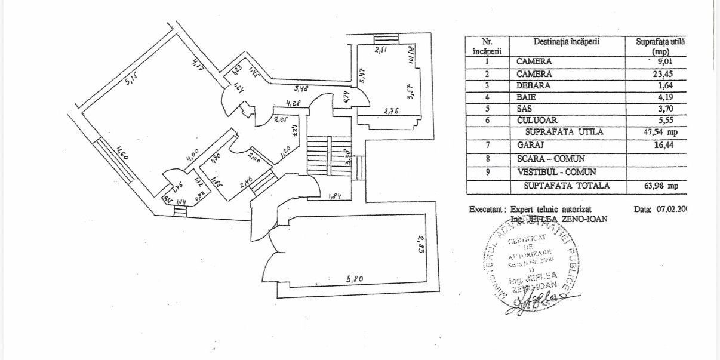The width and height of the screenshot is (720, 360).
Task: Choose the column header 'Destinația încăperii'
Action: click(567, 41)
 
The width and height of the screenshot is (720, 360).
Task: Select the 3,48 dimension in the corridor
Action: click(301, 90)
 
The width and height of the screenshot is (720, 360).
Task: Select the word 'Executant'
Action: click(487, 210)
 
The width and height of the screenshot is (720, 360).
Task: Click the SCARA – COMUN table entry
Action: click(550, 159)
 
